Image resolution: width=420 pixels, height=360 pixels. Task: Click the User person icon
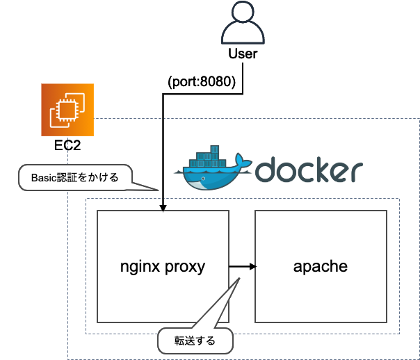[x=243, y=22]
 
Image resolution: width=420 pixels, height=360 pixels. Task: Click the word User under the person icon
[x=243, y=54]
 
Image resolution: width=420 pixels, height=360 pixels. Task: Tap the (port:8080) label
[x=202, y=81]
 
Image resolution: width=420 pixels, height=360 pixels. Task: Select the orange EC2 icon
[x=67, y=110]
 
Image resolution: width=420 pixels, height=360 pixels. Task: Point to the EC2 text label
[x=67, y=145]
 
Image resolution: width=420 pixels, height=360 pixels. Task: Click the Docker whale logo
[x=213, y=168]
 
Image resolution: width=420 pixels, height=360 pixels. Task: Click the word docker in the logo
[x=309, y=170]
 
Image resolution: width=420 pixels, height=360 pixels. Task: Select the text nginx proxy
[x=163, y=267]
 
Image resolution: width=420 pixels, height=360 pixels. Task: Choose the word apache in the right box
[x=321, y=266]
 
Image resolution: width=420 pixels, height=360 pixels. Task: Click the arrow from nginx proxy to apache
[x=243, y=267]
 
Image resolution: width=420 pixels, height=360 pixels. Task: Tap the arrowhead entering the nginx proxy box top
[x=163, y=208]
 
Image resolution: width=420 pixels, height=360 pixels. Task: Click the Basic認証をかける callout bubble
[x=75, y=177]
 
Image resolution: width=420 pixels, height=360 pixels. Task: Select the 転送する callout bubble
[x=195, y=341]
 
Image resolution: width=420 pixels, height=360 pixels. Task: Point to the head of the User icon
[x=243, y=11]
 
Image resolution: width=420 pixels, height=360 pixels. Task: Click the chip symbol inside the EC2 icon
[x=67, y=110]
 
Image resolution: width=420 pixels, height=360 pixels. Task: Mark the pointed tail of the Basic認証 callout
[x=158, y=190]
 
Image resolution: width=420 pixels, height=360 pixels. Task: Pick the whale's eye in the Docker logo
[x=203, y=179]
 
